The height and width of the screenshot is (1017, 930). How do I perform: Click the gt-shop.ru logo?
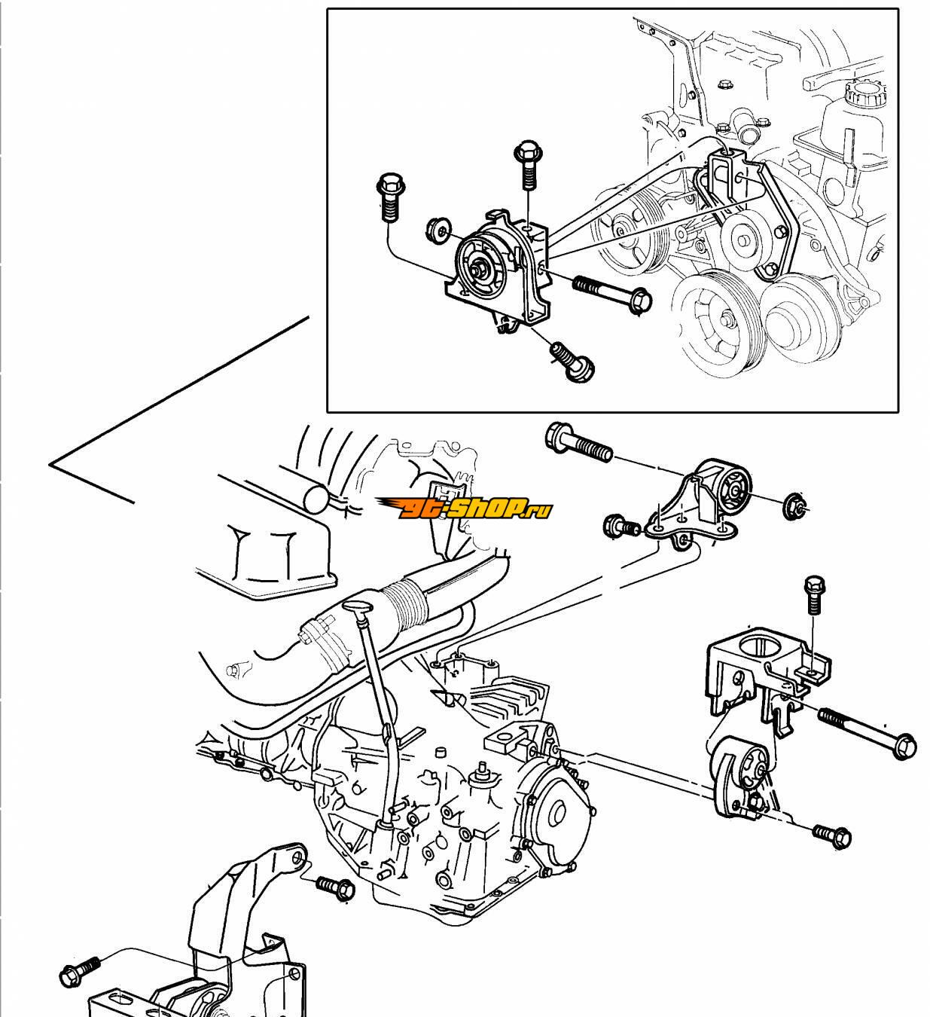[465, 508]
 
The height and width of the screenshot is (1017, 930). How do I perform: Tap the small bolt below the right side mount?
[832, 834]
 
